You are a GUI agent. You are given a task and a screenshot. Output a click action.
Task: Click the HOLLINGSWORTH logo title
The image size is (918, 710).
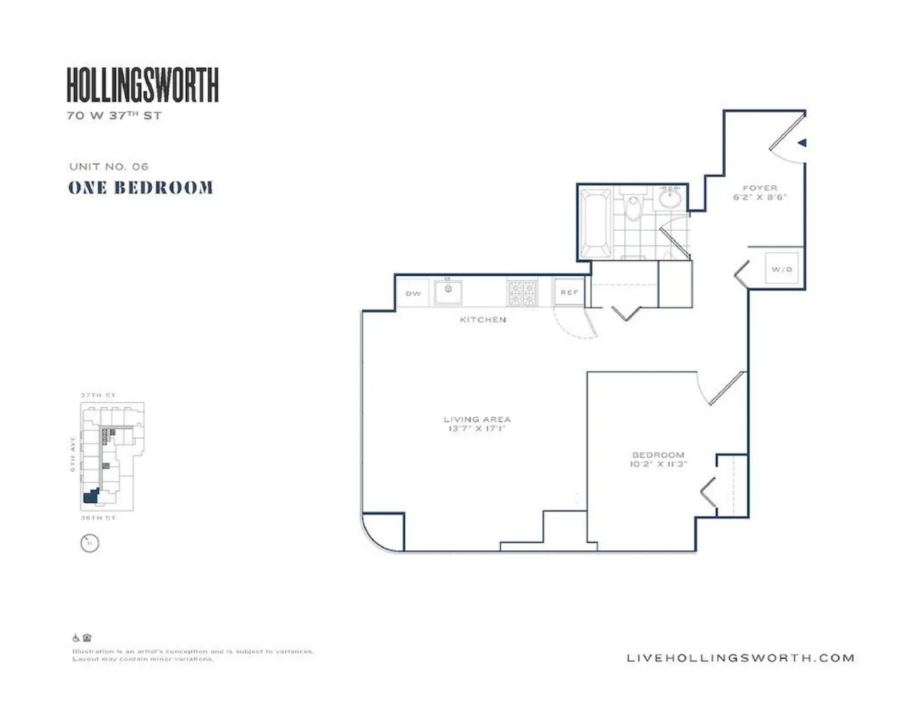(x=143, y=85)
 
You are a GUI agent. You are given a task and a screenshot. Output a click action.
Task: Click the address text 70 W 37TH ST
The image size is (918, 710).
(x=114, y=115)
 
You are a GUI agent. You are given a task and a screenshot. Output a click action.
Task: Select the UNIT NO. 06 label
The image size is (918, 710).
(x=109, y=166)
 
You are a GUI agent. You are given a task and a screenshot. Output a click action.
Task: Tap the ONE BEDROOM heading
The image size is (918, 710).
(x=140, y=188)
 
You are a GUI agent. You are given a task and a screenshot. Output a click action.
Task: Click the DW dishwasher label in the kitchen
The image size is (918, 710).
(x=413, y=293)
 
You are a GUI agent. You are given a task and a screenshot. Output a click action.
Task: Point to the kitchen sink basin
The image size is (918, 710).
(x=448, y=291)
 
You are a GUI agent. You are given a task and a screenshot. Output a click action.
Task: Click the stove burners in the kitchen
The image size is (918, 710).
(x=522, y=293)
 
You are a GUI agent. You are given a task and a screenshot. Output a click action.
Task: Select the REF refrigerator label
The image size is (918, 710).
(x=569, y=293)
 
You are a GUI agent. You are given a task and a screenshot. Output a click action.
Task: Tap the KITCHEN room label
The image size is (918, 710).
(x=483, y=319)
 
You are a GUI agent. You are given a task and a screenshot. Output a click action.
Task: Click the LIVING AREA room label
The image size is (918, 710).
(x=477, y=419)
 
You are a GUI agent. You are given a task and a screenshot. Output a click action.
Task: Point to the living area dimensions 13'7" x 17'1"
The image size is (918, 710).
(x=477, y=429)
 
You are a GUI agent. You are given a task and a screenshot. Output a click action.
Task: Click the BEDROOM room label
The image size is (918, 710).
(x=658, y=454)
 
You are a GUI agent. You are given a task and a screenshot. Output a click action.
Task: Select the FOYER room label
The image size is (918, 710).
(x=760, y=188)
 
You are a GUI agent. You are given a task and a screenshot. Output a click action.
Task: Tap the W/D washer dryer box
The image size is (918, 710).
(x=782, y=270)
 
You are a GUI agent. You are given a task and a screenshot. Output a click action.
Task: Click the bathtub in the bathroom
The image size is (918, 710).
(x=595, y=222)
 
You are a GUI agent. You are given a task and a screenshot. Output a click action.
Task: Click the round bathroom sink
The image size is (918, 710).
(x=670, y=197)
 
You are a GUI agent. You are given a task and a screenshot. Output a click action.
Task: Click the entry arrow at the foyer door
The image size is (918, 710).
(x=802, y=143)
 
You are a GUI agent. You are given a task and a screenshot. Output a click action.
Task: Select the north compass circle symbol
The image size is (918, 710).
(x=89, y=544)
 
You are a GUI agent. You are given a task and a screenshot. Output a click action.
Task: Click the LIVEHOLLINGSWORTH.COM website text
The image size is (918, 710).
(x=740, y=658)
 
